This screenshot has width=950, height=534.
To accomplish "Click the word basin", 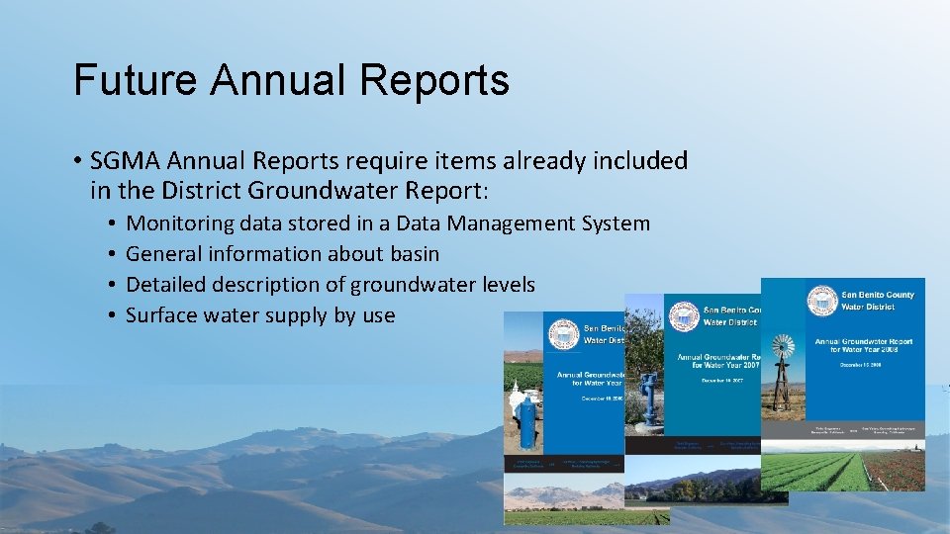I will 411,254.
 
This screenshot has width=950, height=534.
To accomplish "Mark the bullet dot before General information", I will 115,254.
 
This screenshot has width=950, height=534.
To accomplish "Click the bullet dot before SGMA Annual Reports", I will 77,160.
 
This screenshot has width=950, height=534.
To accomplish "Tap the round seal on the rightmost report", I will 821,300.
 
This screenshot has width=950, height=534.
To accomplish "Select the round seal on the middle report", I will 684,316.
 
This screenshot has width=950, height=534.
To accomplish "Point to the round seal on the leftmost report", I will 563,334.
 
